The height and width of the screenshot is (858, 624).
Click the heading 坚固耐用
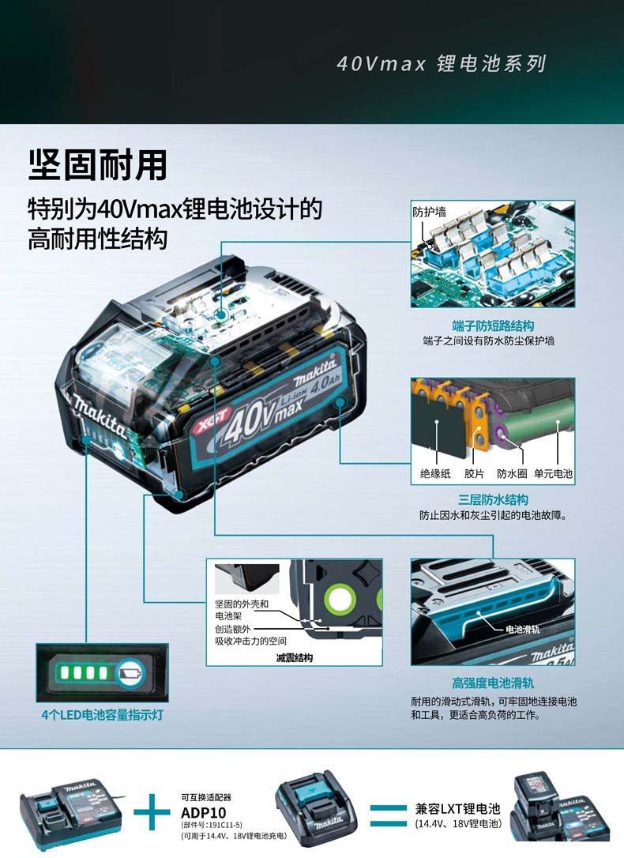(x=98, y=164)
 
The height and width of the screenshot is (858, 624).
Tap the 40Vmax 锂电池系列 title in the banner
(x=442, y=63)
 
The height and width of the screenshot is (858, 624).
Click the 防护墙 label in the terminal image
(x=430, y=212)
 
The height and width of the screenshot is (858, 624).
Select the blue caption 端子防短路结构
(x=494, y=326)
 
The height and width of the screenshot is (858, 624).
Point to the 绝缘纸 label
(x=435, y=473)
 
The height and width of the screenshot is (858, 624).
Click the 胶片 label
(x=474, y=473)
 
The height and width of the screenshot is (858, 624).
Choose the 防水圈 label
(x=512, y=473)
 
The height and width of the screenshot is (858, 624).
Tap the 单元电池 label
(x=553, y=473)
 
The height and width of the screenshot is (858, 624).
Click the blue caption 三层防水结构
(x=494, y=499)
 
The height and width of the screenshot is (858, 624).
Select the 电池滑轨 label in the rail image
(x=522, y=629)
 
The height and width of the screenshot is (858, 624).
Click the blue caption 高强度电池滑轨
(x=494, y=683)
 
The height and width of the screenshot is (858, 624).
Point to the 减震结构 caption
(x=294, y=658)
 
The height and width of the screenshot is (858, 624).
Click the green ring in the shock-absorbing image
(x=340, y=599)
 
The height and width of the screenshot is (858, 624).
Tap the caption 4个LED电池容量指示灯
(x=102, y=715)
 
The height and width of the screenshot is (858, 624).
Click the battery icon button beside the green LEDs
(x=130, y=672)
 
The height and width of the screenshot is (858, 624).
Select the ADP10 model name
(x=204, y=813)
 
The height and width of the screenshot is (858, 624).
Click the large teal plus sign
(x=152, y=812)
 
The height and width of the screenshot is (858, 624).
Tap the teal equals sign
(x=389, y=815)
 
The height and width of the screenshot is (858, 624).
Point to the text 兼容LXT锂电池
(x=458, y=809)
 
